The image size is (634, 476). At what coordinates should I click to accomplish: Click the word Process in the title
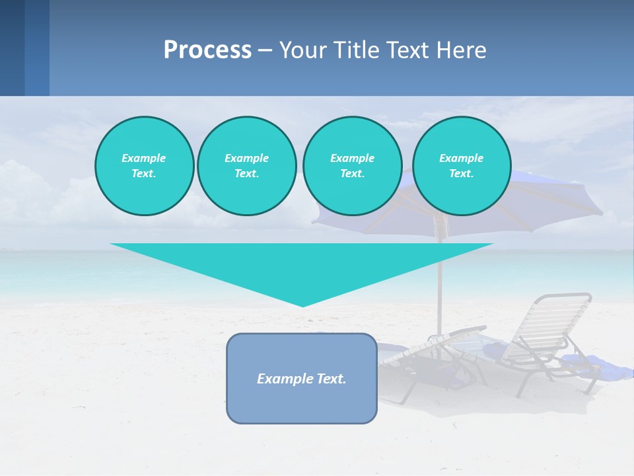[207, 50]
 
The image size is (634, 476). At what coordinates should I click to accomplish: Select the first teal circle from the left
[144, 166]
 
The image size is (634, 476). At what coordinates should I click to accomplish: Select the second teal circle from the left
[246, 166]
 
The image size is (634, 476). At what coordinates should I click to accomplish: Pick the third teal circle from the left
[352, 166]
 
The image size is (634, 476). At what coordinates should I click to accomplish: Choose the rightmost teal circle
[461, 166]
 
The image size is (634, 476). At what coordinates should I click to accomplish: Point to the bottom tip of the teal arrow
[302, 305]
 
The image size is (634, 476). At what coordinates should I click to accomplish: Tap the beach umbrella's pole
[439, 278]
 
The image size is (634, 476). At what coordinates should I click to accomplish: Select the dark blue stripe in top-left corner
[12, 48]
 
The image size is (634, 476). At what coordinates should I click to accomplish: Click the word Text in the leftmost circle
[144, 174]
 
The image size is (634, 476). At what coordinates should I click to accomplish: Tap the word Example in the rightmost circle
[461, 158]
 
